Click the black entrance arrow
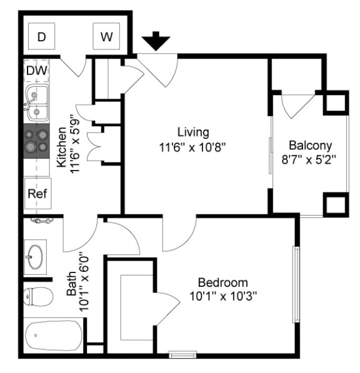(156, 42)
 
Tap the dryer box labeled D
(42, 37)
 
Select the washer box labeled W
(107, 37)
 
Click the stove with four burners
(37, 141)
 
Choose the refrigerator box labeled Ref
(36, 193)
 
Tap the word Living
(192, 132)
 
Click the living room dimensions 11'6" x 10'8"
(192, 147)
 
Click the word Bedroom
(222, 282)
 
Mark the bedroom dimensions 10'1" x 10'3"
(222, 296)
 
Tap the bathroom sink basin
(35, 256)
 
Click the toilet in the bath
(37, 296)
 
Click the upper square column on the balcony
(334, 103)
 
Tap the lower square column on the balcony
(334, 204)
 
